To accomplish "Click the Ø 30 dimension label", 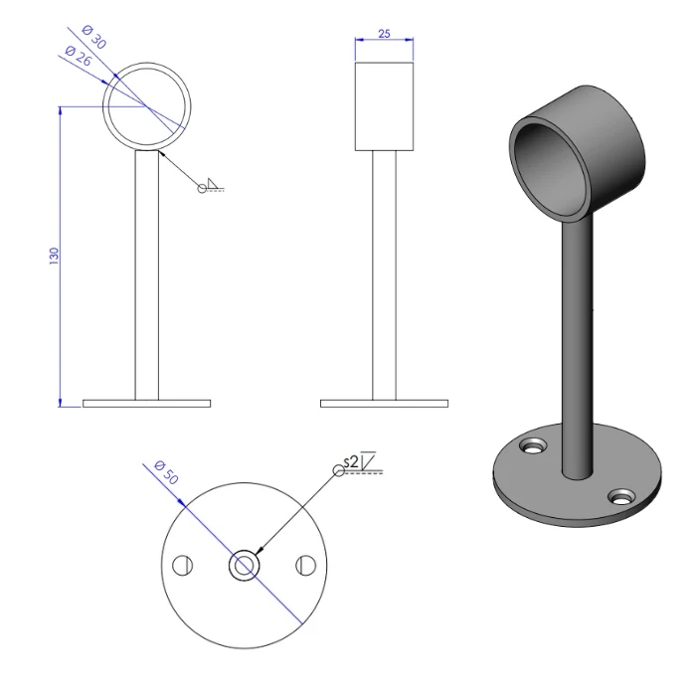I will point(90,41).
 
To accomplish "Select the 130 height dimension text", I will point(55,256).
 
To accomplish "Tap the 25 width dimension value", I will point(384,33).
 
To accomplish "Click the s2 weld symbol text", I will point(349,461).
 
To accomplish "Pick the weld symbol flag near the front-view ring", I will point(212,185).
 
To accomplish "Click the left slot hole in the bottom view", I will point(181,566).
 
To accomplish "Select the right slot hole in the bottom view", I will point(305,566).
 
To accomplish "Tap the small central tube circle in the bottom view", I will point(243,566).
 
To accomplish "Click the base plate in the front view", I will point(146,404).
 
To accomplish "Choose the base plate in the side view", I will point(384,404).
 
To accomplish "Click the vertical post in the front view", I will point(146,278).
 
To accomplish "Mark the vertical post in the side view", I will point(384,278).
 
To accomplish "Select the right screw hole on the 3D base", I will point(622,494).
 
